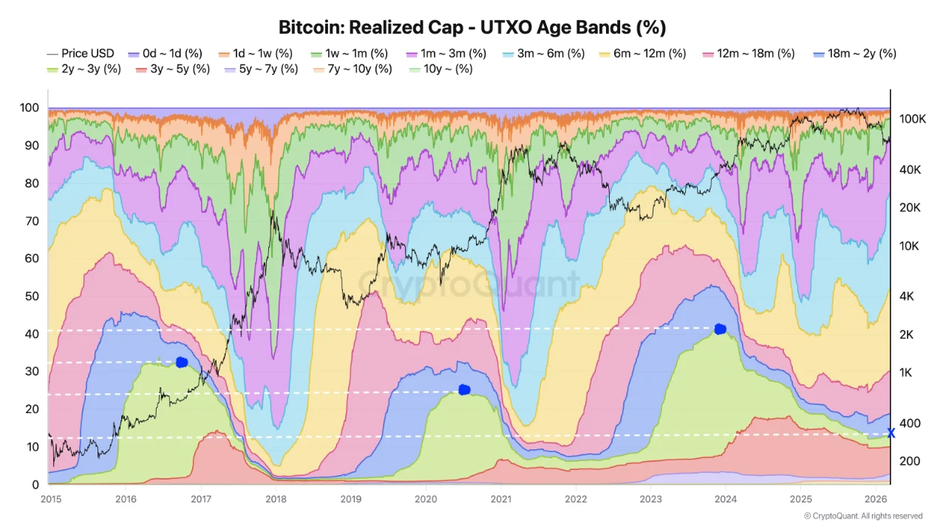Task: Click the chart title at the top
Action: tap(472, 28)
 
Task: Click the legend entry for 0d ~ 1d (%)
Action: tap(166, 53)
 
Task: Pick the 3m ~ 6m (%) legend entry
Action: tap(543, 53)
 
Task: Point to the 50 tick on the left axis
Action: tap(30, 296)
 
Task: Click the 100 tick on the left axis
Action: tap(28, 108)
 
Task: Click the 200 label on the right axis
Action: tap(910, 461)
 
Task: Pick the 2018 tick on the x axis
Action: tap(276, 498)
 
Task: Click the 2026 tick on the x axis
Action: tap(876, 498)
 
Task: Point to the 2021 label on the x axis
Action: tap(502, 498)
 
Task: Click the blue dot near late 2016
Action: tap(182, 362)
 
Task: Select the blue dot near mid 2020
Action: tap(464, 389)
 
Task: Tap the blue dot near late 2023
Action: tap(721, 329)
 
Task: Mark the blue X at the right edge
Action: tap(891, 434)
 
